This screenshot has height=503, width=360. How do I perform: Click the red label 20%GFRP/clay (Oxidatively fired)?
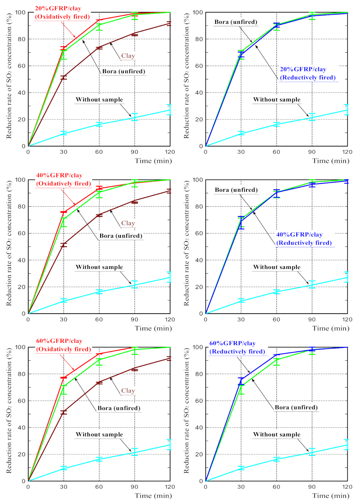[62, 12]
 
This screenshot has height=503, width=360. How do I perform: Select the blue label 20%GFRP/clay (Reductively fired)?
[307, 74]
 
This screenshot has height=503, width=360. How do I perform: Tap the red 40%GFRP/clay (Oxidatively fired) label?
[63, 180]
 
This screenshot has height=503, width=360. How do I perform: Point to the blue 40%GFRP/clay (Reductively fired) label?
[304, 239]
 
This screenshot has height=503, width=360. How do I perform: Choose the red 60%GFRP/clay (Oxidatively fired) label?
[63, 345]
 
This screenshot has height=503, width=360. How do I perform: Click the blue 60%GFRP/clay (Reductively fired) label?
[237, 347]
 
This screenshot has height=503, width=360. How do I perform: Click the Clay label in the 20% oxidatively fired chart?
[128, 56]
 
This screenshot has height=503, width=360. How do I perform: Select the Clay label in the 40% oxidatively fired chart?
[128, 223]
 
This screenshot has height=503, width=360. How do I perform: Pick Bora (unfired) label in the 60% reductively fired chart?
[296, 407]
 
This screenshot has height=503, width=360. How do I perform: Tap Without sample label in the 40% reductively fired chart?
[277, 267]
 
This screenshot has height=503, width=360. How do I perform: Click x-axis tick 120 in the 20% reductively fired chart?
[347, 152]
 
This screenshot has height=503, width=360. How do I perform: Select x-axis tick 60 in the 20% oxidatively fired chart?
[99, 152]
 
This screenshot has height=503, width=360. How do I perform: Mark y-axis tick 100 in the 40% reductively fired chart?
[198, 180]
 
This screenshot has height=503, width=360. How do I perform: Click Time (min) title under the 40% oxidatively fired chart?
[153, 328]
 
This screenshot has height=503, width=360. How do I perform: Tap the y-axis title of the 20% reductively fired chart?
[186, 76]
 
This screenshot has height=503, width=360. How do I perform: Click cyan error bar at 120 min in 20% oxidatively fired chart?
[169, 110]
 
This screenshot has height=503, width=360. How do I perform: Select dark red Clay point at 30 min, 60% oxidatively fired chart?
[64, 412]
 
